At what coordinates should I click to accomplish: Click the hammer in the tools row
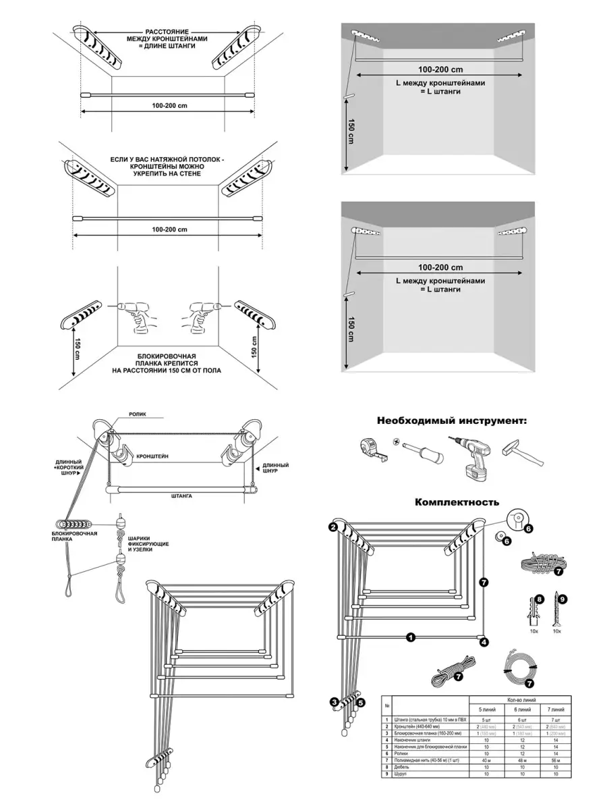point(522,456)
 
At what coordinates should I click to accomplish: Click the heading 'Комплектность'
point(457,502)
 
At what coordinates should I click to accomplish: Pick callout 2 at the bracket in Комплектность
point(333,526)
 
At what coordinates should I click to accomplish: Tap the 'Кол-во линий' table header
point(520,699)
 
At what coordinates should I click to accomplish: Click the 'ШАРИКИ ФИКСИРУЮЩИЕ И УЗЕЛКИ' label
point(148,543)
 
